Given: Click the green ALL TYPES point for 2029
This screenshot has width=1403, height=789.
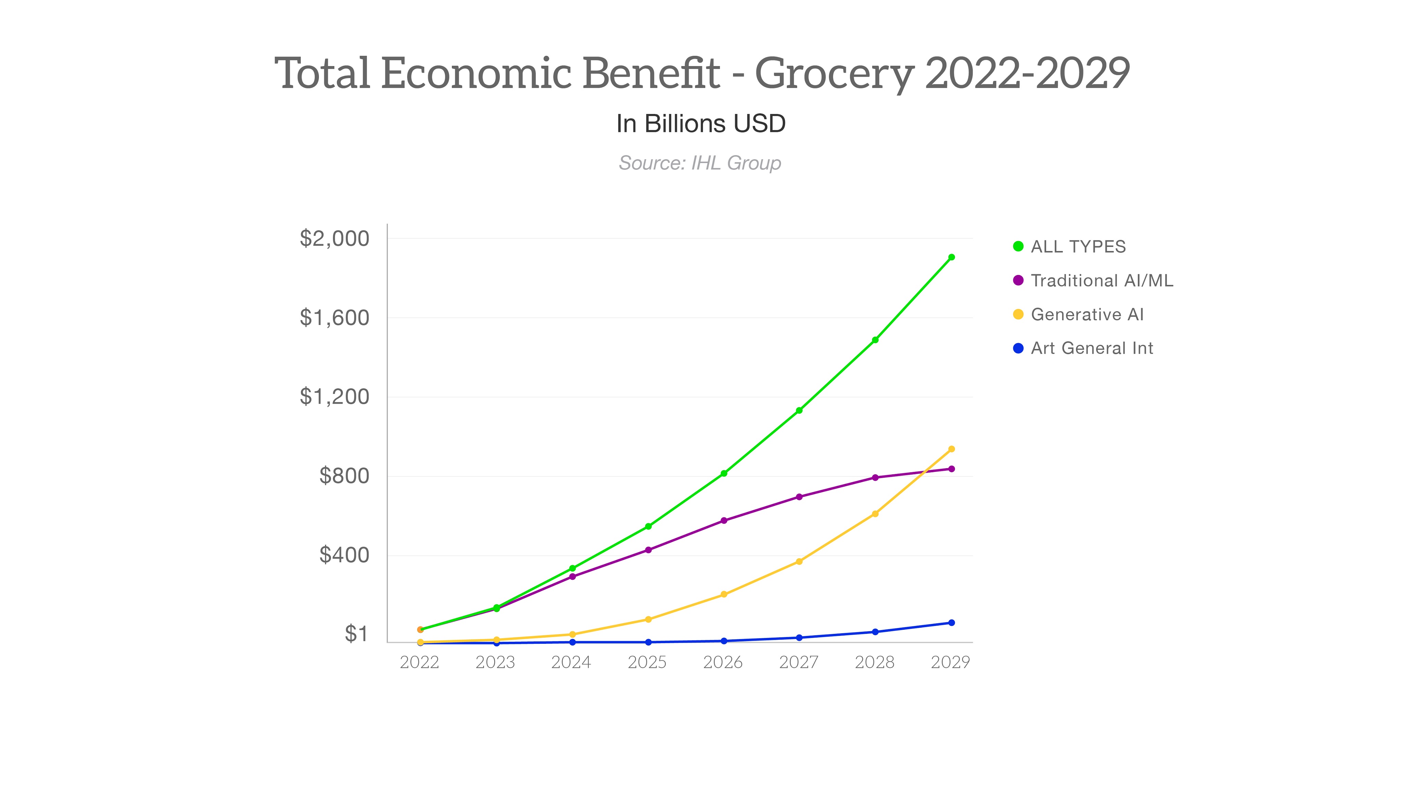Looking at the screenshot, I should [x=951, y=257].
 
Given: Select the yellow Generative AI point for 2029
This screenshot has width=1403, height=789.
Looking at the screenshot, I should [x=951, y=449].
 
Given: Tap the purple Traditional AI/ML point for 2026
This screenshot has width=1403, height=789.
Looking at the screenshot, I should [x=724, y=521].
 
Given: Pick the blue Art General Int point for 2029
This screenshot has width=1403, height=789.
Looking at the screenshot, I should [x=951, y=622].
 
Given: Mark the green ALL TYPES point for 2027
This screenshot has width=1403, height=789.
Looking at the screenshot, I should [x=799, y=410].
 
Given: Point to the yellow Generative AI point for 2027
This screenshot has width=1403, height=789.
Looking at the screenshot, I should [x=799, y=561].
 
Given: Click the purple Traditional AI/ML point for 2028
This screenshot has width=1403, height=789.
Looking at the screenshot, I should [x=875, y=477].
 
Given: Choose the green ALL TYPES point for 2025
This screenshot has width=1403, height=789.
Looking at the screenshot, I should [x=648, y=527].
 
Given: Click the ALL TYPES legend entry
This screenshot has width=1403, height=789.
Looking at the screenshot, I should [x=1077, y=247].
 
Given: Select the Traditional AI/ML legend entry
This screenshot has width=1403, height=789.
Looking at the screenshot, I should [x=1101, y=280].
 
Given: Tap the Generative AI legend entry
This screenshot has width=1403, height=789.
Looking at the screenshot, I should [x=1087, y=314].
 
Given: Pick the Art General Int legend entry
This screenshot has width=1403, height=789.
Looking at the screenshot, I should [x=1091, y=348].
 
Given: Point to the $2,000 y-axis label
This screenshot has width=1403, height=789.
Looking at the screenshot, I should [x=334, y=238].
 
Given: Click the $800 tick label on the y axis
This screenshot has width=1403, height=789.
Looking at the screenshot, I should [x=344, y=476].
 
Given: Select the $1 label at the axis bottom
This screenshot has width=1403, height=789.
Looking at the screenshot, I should [x=356, y=634].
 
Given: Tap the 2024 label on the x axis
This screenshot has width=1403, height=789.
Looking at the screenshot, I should [x=571, y=662].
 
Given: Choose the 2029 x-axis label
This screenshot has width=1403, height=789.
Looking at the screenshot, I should [x=951, y=662].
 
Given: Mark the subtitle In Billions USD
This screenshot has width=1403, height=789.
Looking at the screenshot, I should [x=701, y=124].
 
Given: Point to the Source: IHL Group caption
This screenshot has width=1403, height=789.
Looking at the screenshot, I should [x=700, y=163].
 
